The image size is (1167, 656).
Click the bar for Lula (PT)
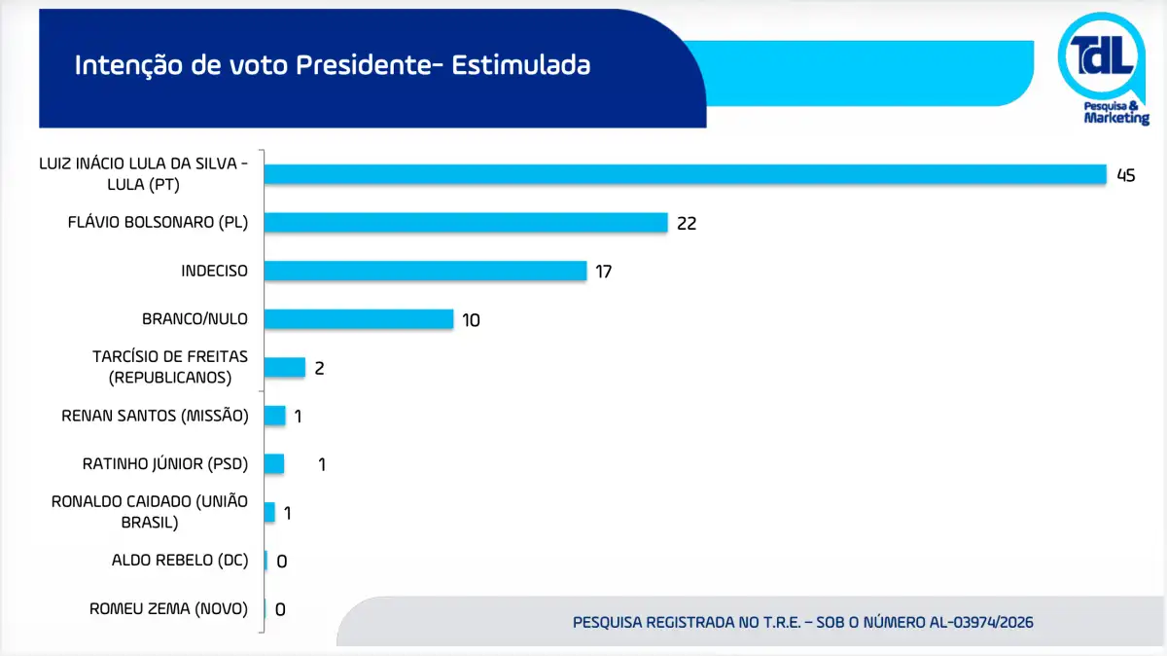tap(685, 174)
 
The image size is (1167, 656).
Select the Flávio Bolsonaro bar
tap(465, 222)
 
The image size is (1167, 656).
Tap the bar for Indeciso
tap(425, 271)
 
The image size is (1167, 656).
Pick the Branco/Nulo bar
tap(358, 319)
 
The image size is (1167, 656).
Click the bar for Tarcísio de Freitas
tap(284, 367)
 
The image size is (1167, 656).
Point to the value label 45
tap(1126, 176)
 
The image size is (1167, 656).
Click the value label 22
tap(687, 224)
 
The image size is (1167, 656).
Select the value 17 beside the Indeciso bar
tap(603, 272)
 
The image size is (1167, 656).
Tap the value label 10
tap(472, 320)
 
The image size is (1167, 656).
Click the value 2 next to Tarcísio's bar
tap(318, 368)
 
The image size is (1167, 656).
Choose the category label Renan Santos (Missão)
tap(155, 416)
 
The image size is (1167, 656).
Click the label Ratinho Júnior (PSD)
tap(165, 464)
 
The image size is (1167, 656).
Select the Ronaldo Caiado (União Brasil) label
tap(150, 512)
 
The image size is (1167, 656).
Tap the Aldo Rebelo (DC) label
tap(180, 561)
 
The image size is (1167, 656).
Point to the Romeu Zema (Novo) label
tap(168, 609)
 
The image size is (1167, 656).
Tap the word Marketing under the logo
tap(1116, 118)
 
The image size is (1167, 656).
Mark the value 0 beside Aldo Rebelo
tap(282, 562)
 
